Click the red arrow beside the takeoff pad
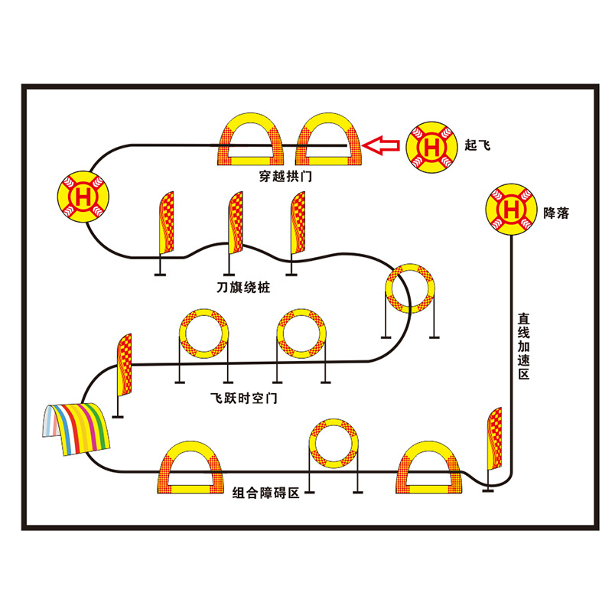tap(380, 145)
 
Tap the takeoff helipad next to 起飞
tap(431, 145)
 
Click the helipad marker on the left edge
tap(83, 194)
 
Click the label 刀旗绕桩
tap(243, 288)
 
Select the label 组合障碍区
tap(265, 493)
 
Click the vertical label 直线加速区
tap(524, 346)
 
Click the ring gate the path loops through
tap(410, 289)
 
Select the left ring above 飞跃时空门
tap(204, 334)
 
